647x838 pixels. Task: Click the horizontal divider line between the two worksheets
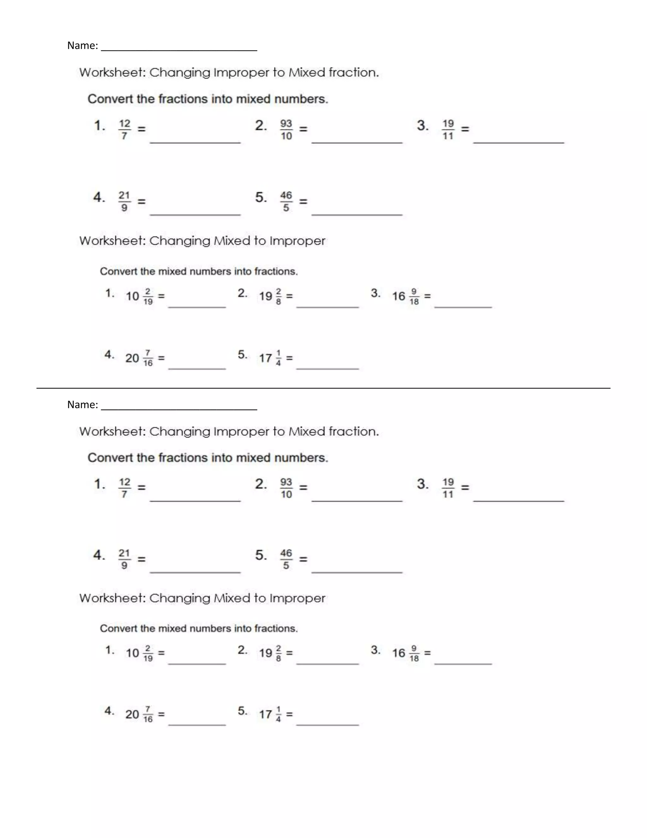(323, 388)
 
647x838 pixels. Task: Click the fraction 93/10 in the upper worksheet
(286, 130)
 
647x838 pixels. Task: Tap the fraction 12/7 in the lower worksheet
(124, 488)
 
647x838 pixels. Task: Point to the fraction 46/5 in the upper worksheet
(286, 201)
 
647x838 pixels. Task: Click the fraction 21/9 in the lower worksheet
(124, 559)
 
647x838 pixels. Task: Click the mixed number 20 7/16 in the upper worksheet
(139, 358)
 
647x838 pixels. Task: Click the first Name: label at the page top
(82, 46)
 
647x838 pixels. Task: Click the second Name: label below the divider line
(82, 404)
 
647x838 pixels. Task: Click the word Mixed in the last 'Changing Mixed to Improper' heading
(232, 598)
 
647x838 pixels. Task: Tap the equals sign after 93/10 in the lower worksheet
(303, 487)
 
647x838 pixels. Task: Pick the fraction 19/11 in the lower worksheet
(448, 488)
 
